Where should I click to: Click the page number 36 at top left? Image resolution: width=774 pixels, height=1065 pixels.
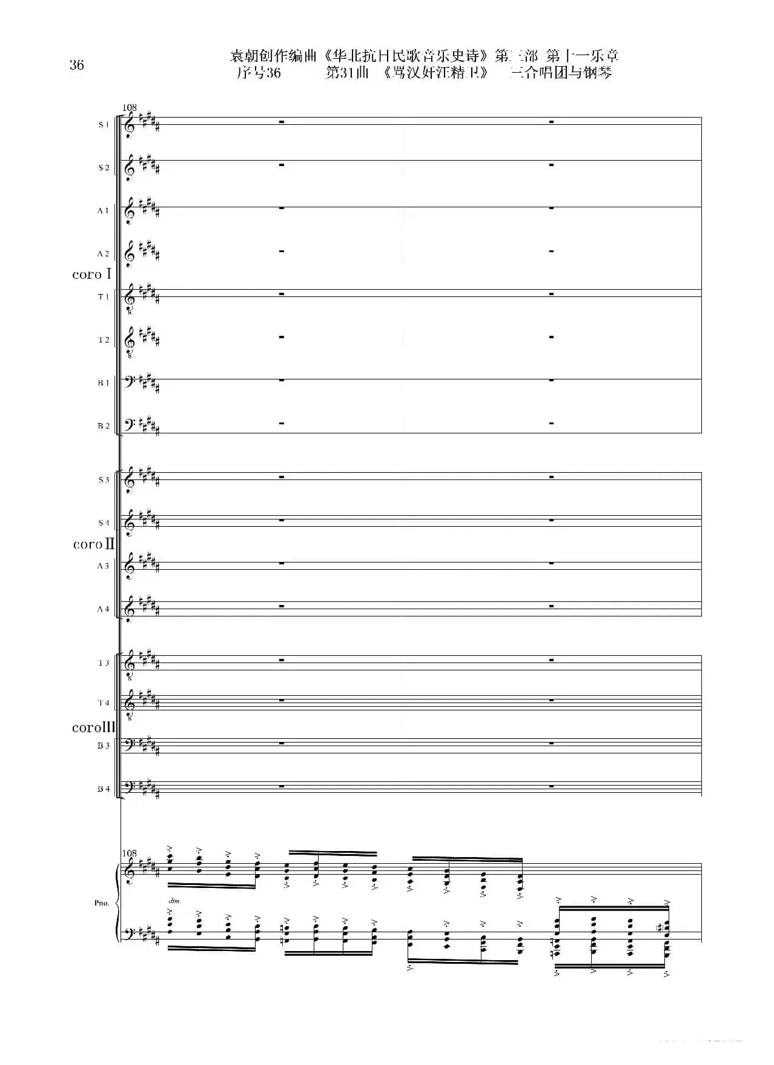click(x=76, y=65)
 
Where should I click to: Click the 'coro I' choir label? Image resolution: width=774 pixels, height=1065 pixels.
click(x=91, y=274)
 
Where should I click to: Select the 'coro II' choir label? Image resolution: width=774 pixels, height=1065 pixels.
click(x=93, y=544)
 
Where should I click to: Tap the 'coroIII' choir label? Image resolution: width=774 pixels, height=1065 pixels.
click(x=93, y=727)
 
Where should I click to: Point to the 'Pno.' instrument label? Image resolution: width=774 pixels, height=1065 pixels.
click(x=102, y=903)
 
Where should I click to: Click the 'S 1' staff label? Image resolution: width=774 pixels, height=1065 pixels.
click(x=104, y=124)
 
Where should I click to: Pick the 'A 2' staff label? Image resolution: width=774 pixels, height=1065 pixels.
click(x=104, y=253)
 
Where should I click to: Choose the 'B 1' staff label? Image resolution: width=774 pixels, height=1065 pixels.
click(x=104, y=382)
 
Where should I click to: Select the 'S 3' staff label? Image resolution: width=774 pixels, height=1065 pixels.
click(x=104, y=479)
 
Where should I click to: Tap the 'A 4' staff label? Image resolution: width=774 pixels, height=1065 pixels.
click(x=104, y=609)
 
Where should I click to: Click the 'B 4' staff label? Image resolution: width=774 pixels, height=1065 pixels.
click(x=104, y=789)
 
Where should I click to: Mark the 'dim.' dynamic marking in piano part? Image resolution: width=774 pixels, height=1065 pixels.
click(x=174, y=901)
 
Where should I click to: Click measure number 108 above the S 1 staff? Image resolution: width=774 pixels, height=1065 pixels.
click(x=130, y=107)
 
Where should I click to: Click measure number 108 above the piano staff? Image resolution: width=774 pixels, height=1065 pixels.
click(x=130, y=853)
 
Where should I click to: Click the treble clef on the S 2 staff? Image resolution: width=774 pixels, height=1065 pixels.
click(x=129, y=167)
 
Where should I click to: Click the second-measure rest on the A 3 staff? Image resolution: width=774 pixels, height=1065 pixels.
click(x=551, y=564)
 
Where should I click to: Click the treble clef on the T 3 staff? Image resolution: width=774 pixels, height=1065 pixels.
click(x=129, y=664)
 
